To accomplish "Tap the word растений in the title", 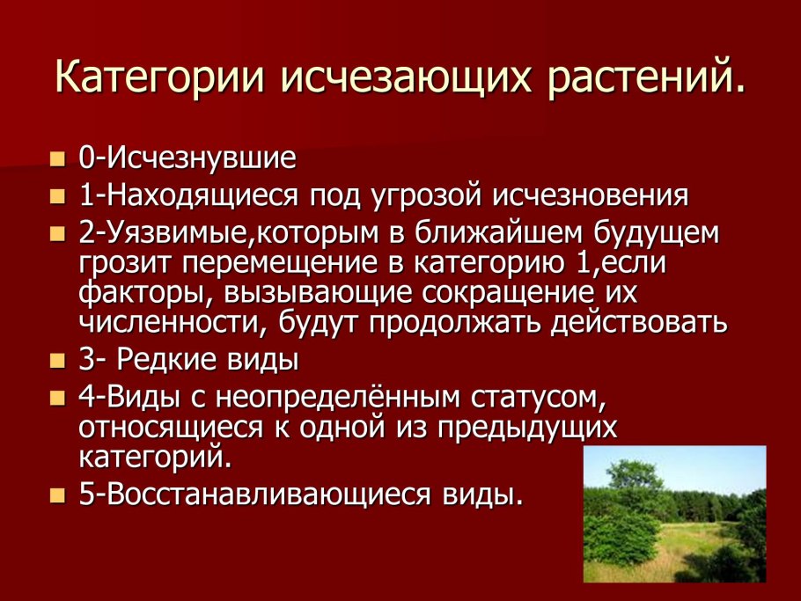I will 649,77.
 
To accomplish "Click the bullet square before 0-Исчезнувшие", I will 57,159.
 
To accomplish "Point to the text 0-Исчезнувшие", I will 187,159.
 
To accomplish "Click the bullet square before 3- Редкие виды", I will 57,361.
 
